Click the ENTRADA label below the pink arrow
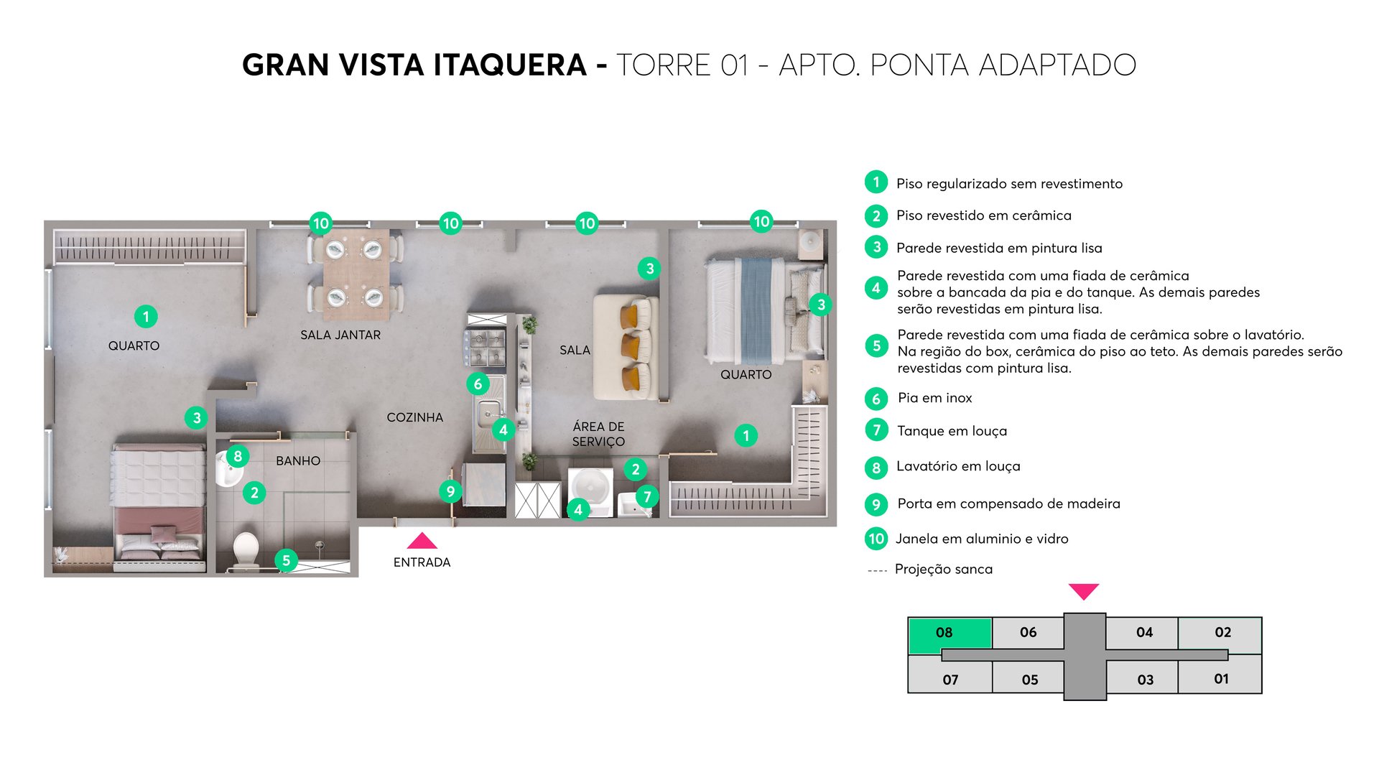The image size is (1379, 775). [x=422, y=562]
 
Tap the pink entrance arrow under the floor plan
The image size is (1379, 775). [x=422, y=542]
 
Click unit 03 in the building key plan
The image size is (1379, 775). [x=1145, y=679]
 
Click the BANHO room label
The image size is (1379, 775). [x=298, y=461]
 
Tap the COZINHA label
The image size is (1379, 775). [x=414, y=417]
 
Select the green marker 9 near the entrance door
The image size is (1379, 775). [x=450, y=491]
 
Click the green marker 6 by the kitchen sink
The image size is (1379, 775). [x=478, y=384]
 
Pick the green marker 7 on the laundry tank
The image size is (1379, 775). [x=647, y=496]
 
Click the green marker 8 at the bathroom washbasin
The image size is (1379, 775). [x=238, y=456]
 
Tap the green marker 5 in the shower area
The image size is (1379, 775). [x=286, y=560]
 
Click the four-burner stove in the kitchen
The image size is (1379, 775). [x=486, y=347]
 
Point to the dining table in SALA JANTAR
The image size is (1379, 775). [x=356, y=274]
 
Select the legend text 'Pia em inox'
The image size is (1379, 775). [x=934, y=398]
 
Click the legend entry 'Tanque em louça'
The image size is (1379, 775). [x=952, y=431]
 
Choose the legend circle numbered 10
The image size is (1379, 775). [x=876, y=539]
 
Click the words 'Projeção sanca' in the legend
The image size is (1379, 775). [x=943, y=570]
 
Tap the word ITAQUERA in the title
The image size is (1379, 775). [x=510, y=65]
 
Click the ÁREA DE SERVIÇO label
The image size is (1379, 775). [x=598, y=434]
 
